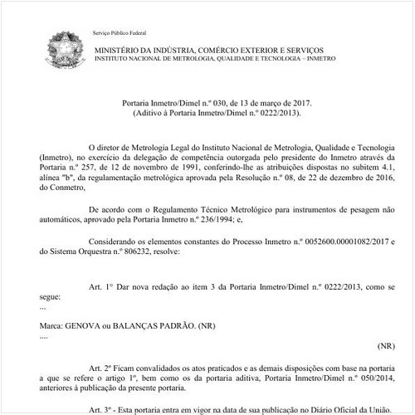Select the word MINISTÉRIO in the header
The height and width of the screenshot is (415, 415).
pos(118,51)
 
